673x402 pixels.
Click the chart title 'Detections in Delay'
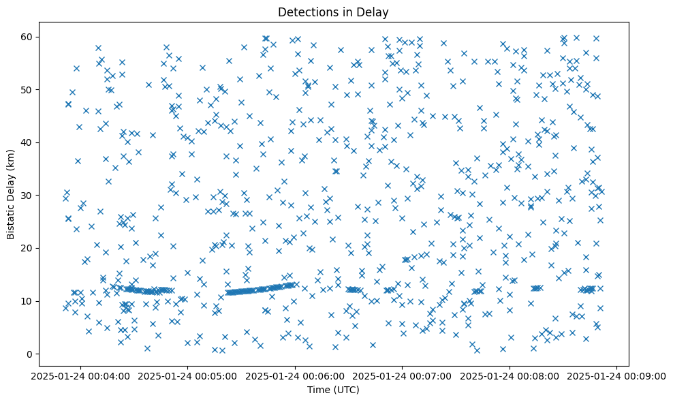[333, 12]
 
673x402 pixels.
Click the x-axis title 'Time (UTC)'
[333, 390]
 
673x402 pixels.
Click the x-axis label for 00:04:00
[80, 375]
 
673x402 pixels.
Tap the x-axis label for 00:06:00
[295, 375]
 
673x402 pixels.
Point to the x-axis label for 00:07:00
[403, 375]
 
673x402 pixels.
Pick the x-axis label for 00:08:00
[510, 375]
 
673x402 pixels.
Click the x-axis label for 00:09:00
[617, 375]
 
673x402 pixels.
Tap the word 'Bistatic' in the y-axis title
[11, 217]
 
